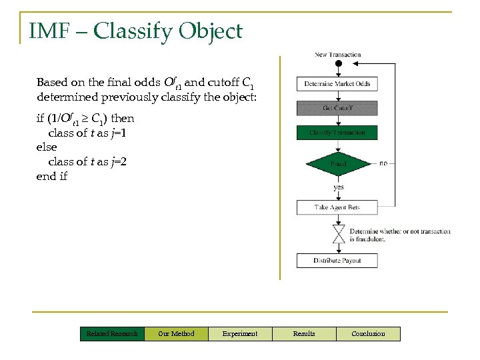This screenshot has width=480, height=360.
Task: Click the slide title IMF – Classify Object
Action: [x=135, y=31]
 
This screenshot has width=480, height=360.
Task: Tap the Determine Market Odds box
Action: [x=337, y=83]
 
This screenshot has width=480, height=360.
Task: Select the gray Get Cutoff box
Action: [x=337, y=108]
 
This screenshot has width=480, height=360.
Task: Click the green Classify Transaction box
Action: [x=337, y=133]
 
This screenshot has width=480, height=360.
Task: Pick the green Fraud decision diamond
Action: [x=338, y=163]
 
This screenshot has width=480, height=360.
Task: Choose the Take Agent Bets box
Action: [x=337, y=207]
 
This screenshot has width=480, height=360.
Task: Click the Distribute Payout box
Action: [x=337, y=260]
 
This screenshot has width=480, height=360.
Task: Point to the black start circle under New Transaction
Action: [x=338, y=64]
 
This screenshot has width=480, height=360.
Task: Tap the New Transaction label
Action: [x=337, y=55]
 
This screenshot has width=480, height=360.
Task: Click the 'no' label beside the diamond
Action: [x=383, y=163]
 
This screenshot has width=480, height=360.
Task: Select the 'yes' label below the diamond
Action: [x=339, y=187]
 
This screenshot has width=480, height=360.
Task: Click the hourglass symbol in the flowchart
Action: [x=338, y=234]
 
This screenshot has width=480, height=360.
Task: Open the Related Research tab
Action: [x=112, y=333]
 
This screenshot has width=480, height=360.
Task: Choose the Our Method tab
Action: [x=176, y=333]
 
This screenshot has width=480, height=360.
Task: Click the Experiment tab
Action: [x=240, y=333]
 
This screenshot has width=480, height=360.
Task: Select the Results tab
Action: [x=304, y=333]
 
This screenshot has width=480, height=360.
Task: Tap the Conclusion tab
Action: [x=368, y=333]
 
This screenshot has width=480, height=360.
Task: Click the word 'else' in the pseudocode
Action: [x=47, y=147]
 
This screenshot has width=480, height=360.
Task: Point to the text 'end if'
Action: [x=52, y=176]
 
